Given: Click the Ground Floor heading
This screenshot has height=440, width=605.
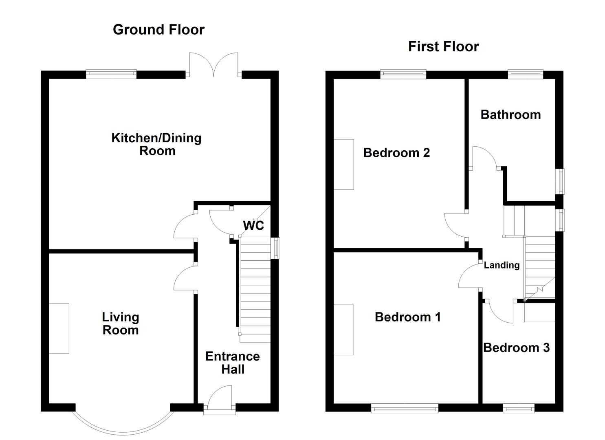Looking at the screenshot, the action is click(158, 29).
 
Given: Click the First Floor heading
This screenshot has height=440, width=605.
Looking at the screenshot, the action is click(444, 46).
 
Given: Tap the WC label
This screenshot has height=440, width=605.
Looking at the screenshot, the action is click(253, 225).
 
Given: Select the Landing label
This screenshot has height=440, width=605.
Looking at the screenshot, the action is click(502, 265).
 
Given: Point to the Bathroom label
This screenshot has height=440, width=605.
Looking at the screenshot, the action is click(510, 115).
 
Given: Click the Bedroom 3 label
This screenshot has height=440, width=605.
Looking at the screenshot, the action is click(516, 348).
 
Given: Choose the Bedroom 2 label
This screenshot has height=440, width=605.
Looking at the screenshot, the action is click(396, 153).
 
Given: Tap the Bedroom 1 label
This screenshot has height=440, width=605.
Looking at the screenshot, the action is click(407, 317).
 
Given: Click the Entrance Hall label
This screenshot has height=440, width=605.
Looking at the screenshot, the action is click(233, 363).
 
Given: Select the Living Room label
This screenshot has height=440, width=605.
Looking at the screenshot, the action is click(121, 323).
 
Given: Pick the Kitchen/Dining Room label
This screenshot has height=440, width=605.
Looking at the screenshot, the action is click(157, 145).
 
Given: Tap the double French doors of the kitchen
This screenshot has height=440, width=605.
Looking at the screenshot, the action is click(213, 65).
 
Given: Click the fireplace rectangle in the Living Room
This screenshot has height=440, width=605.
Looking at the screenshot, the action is click(59, 328).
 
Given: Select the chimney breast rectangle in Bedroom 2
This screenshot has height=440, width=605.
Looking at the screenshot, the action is click(343, 165).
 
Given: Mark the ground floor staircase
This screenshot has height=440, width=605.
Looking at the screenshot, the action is click(255, 289).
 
